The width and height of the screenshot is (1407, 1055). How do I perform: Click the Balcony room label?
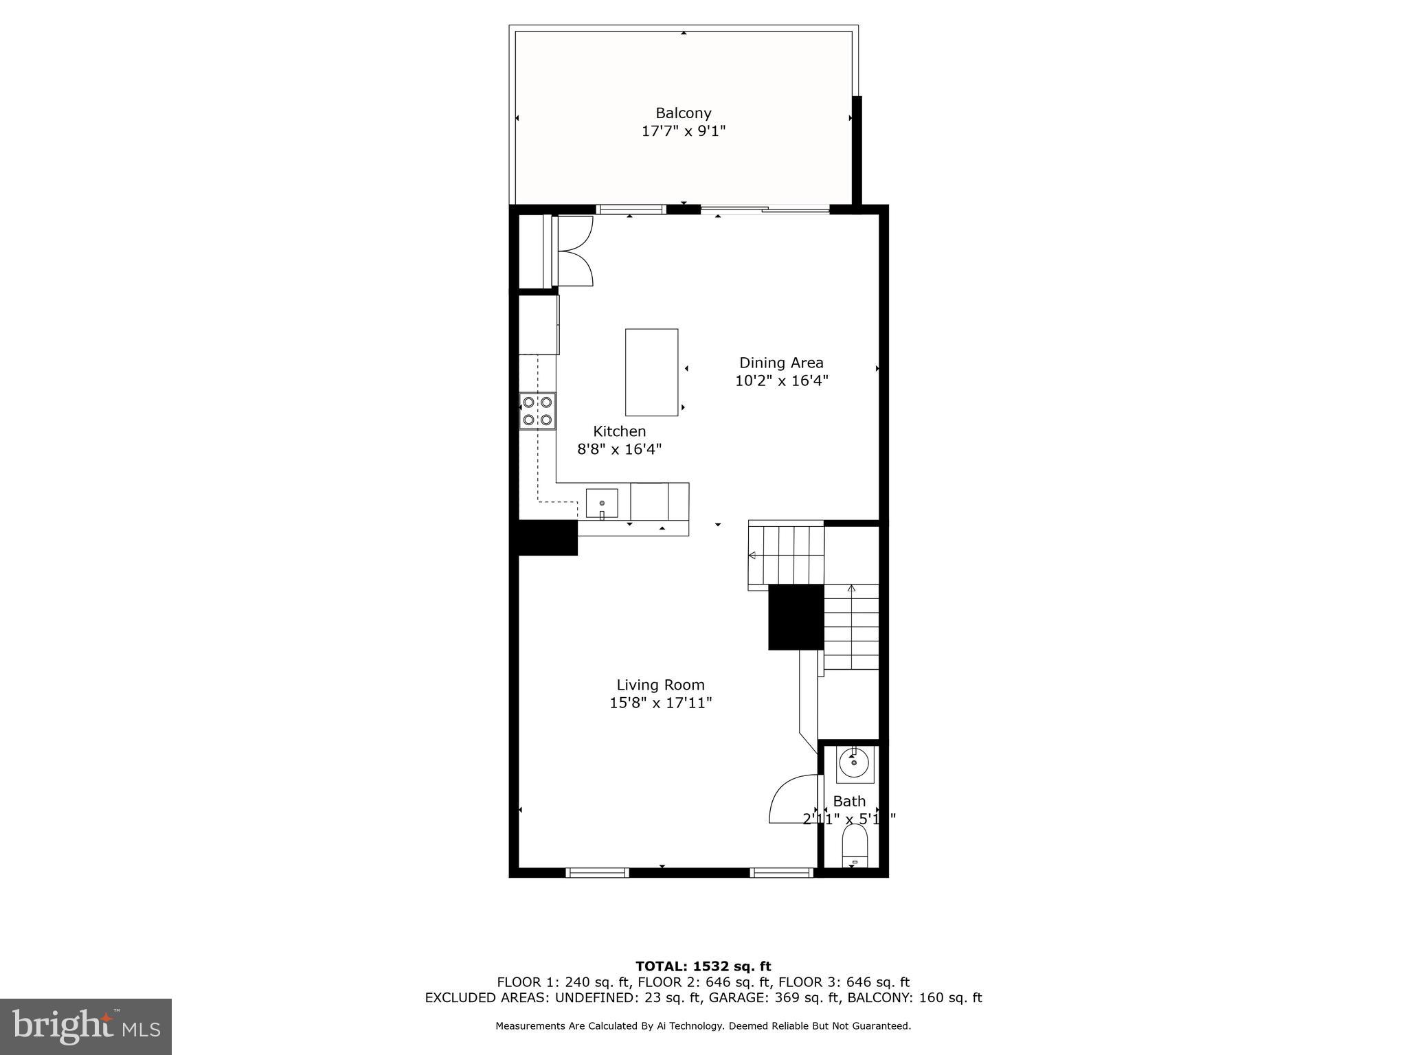pos(683,113)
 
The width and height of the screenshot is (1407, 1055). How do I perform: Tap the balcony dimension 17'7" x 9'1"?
pos(683,131)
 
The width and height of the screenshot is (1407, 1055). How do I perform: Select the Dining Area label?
pos(781,363)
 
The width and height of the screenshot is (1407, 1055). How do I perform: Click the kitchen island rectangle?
pos(651,372)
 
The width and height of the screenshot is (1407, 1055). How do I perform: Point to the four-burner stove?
pos(537,411)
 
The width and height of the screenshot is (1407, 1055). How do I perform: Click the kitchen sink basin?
pos(602,503)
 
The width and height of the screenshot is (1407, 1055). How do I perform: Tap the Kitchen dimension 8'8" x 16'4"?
pos(619,449)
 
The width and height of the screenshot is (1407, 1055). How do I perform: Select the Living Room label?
pos(660,685)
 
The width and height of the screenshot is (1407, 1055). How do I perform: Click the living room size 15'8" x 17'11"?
pos(660,703)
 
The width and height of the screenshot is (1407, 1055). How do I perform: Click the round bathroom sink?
pos(854,763)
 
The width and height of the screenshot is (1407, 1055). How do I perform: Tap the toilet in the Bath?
pos(855,846)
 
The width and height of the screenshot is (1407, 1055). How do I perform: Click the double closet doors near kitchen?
pos(576,251)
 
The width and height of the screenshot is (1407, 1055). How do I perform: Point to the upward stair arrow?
pos(851,589)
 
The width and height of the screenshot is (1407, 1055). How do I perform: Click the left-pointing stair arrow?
pos(753,555)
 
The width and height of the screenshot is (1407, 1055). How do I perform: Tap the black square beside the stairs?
pos(796,617)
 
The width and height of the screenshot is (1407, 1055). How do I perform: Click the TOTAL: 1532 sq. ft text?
pos(703,966)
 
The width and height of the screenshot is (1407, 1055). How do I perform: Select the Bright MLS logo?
pos(86,1027)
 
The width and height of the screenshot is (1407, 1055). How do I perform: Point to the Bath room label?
pos(849,801)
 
